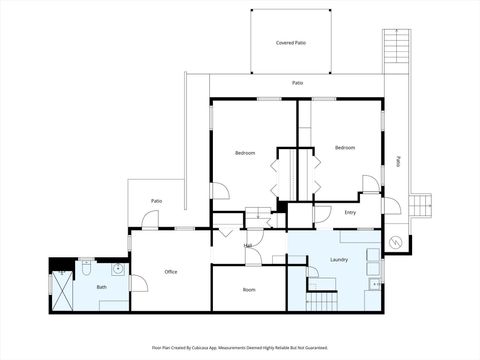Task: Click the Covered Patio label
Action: pos(291,43)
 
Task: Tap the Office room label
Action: pos(171,272)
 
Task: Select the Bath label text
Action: pos(102,288)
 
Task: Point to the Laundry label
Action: pos(339,260)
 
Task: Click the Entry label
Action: pos(350,212)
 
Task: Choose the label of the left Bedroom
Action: pos(245,153)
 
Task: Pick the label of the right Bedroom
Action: pos(345,148)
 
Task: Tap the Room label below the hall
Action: pos(249,290)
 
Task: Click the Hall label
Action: pos(248,245)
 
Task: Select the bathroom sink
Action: pos(118,268)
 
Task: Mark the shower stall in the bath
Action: pos(63,291)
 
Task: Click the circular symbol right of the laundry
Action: pos(396,241)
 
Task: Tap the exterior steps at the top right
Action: pos(396,49)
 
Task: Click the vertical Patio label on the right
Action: pos(398,160)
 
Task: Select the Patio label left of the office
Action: pos(157,201)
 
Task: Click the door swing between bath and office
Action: pos(138,284)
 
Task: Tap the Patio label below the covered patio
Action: pos(297,83)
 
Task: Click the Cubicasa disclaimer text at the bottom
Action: pos(240,348)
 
